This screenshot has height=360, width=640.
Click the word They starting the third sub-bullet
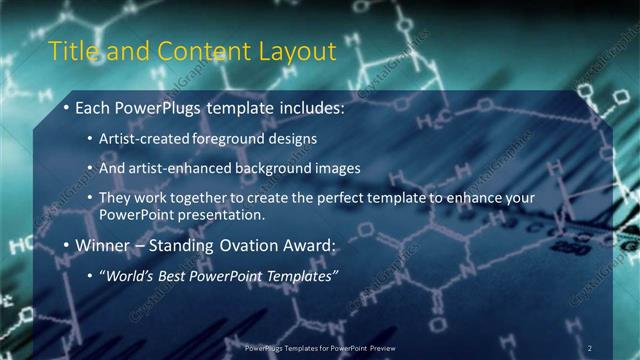coord(115,198)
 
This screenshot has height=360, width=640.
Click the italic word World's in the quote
coord(130,275)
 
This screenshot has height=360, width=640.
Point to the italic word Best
coord(176,275)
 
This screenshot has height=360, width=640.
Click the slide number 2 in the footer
coord(590,348)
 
